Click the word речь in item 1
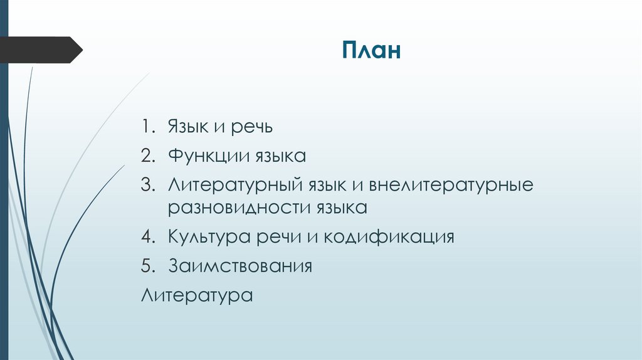coord(252,128)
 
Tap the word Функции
coord(208,155)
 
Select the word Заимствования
coord(239,266)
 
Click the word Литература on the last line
coord(197,294)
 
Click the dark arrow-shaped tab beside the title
coord(41,50)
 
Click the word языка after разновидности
coord(340,208)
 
